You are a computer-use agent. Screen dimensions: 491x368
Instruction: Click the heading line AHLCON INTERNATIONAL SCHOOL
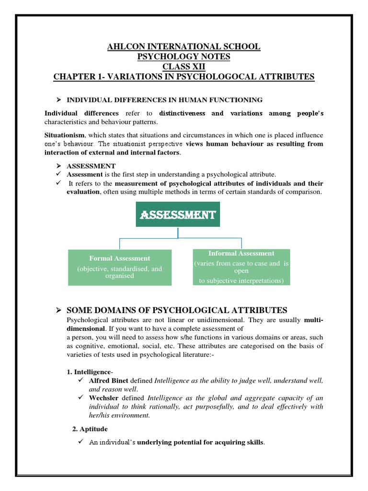tap(184, 47)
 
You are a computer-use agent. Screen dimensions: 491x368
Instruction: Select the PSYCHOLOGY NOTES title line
tap(184, 57)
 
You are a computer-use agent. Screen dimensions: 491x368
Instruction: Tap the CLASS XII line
tap(184, 67)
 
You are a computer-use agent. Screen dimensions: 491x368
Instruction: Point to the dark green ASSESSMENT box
tap(178, 215)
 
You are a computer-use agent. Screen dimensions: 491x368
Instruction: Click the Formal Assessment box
tap(120, 267)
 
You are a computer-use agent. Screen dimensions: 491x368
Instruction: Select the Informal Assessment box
tap(241, 267)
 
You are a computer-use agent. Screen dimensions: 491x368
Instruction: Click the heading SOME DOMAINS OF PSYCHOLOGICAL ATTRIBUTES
tap(177, 309)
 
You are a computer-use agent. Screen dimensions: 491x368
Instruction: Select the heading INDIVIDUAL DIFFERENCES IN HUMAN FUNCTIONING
tap(164, 100)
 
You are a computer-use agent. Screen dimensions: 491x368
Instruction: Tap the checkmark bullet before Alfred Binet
tap(80, 380)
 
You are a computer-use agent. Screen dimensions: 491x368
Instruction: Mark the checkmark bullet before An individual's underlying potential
tap(80, 442)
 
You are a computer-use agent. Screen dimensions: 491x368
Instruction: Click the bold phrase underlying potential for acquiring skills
tap(200, 442)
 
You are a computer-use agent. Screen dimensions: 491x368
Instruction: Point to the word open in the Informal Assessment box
tap(241, 271)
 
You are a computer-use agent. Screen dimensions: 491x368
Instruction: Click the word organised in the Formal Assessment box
tap(120, 276)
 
